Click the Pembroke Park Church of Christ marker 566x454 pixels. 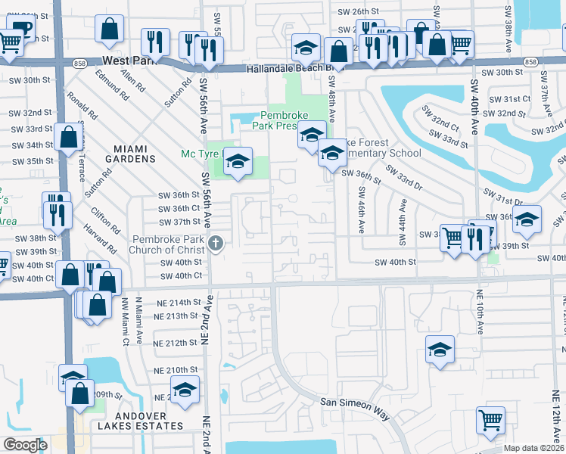[x=216, y=243]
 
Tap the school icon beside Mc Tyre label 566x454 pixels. [x=238, y=162]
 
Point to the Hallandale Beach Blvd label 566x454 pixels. [x=291, y=68]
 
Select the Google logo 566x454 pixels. [x=25, y=444]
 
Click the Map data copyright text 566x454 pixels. [x=533, y=448]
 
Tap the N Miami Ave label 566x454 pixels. [x=139, y=319]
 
